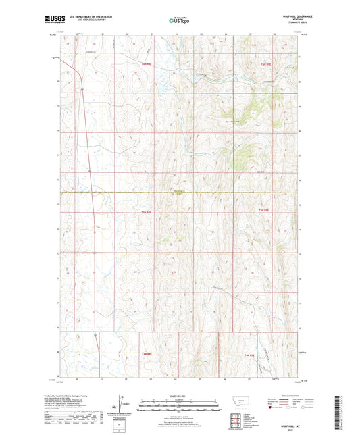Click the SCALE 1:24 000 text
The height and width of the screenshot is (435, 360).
(x=180, y=396)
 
